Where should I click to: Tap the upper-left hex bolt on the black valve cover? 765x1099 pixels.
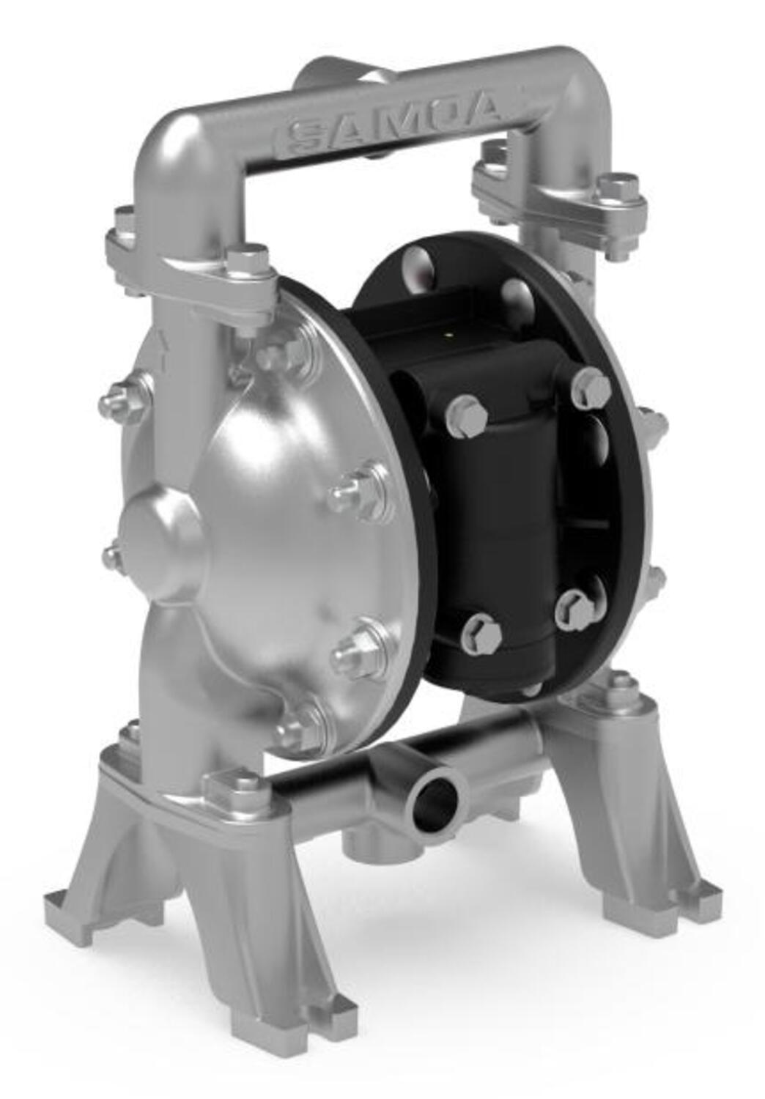(x=465, y=412)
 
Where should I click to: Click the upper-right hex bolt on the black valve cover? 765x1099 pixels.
(x=590, y=386)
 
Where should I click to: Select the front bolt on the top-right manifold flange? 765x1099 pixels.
(x=619, y=189)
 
